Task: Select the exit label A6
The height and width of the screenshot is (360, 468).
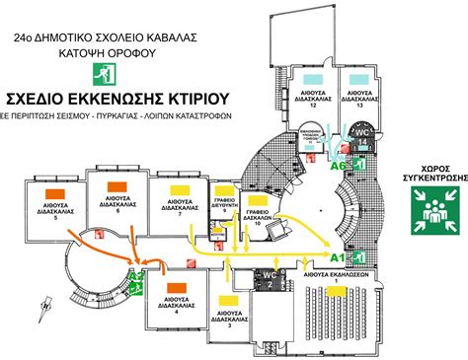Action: click(338, 168)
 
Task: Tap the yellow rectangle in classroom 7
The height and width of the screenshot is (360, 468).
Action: click(178, 188)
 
